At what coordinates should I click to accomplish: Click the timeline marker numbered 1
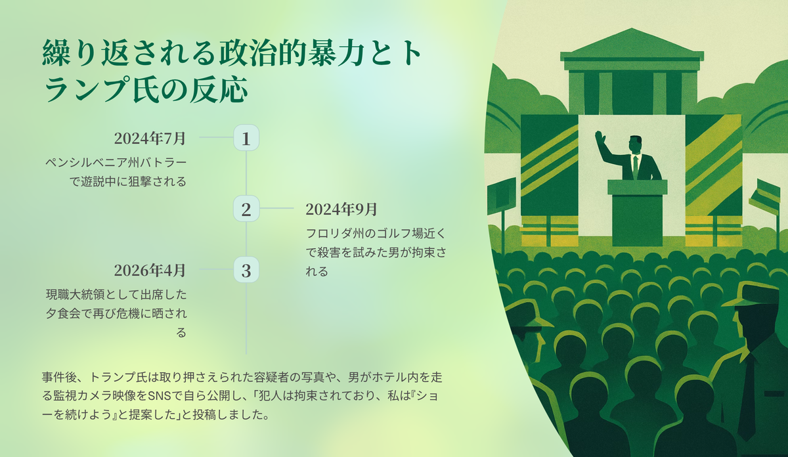click(246, 137)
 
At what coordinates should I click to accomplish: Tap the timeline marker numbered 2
click(246, 209)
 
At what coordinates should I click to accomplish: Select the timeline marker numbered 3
click(246, 270)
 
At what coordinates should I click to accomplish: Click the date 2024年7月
click(150, 139)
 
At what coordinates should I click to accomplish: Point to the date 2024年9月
click(341, 209)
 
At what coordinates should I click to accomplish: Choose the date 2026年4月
click(150, 270)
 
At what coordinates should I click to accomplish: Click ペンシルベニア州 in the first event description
click(92, 163)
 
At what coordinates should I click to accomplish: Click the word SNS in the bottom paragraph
click(159, 396)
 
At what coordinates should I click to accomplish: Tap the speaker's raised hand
click(600, 137)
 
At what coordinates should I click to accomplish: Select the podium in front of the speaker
click(637, 213)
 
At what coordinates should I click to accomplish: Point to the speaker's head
click(635, 145)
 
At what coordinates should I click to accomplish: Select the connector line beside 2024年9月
click(276, 208)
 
